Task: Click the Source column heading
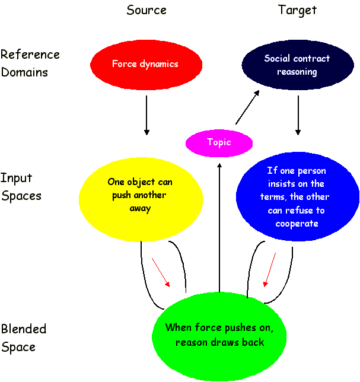[146, 10]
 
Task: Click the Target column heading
[297, 10]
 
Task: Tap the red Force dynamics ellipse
[145, 64]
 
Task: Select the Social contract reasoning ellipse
[298, 65]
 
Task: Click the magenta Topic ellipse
[219, 142]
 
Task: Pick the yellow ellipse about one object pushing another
[140, 196]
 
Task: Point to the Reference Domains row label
[30, 63]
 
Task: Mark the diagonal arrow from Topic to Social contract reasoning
[247, 107]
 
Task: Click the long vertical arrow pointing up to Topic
[219, 225]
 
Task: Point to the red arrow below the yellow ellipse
[161, 272]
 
